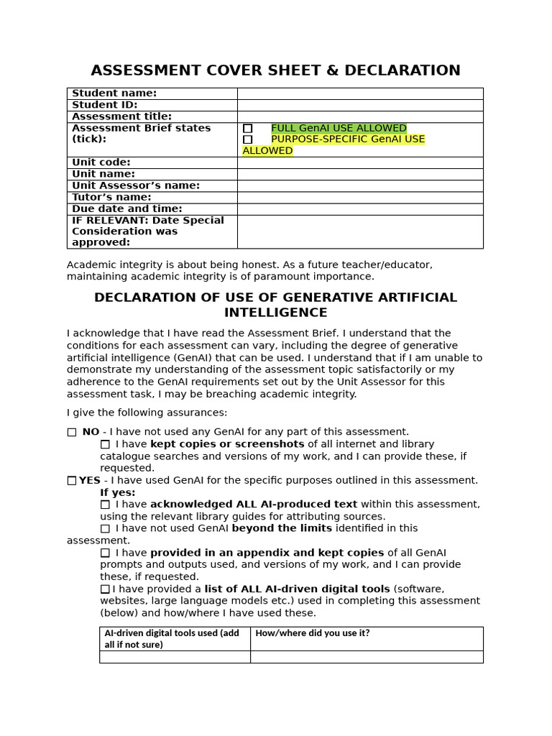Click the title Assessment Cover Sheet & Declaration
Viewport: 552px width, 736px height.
coord(275,70)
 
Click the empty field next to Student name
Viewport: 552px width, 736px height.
coord(359,93)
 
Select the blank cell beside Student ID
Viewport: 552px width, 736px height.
coord(359,105)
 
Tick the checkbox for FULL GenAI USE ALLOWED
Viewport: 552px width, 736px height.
coord(248,129)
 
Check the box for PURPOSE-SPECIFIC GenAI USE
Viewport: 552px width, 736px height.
coord(248,139)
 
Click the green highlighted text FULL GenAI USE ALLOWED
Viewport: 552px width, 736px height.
coord(339,128)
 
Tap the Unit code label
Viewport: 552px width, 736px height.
coord(101,162)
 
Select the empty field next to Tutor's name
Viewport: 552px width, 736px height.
coord(359,198)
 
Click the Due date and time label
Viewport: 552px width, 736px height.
coord(127,209)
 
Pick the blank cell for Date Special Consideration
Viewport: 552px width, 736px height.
coord(359,231)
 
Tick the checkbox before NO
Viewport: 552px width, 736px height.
coord(72,432)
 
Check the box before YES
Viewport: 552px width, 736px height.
coord(72,480)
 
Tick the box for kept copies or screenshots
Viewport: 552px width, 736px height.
coord(105,444)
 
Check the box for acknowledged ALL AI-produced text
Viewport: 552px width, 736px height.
coord(105,505)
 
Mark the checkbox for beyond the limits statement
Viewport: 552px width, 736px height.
coord(105,528)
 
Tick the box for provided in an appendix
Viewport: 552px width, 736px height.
coord(105,553)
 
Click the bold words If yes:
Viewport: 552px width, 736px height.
coord(117,492)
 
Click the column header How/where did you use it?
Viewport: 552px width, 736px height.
coord(313,633)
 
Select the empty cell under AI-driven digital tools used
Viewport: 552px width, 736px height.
coord(175,657)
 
